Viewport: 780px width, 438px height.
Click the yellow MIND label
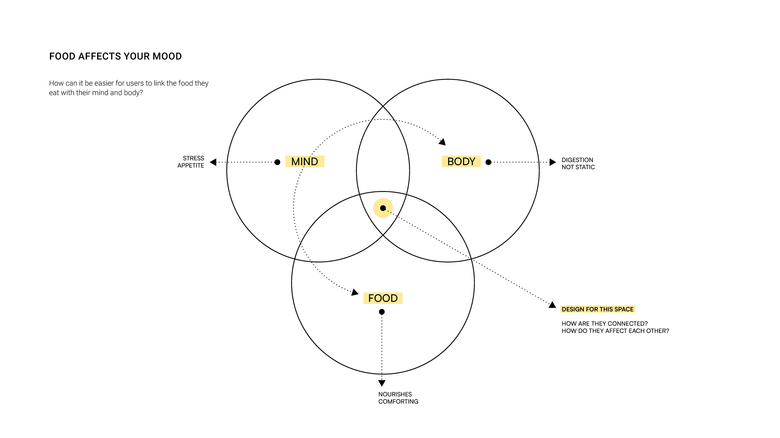pyautogui.click(x=305, y=161)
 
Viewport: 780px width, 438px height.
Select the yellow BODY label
pyautogui.click(x=461, y=161)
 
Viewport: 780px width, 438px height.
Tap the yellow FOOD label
pyautogui.click(x=383, y=298)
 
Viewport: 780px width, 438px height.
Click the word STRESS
pyautogui.click(x=193, y=158)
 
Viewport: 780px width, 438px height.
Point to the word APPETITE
pyautogui.click(x=191, y=165)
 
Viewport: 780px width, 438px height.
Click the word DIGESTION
pyautogui.click(x=577, y=160)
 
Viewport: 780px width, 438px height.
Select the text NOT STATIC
pyautogui.click(x=578, y=167)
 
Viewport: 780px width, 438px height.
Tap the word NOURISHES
pyautogui.click(x=395, y=394)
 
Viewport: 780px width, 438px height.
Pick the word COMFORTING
pyautogui.click(x=398, y=402)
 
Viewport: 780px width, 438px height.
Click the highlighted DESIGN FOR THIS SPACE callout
pyautogui.click(x=597, y=309)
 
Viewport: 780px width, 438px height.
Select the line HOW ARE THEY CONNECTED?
pyautogui.click(x=605, y=323)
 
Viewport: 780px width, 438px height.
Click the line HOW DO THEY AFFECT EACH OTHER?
pyautogui.click(x=615, y=331)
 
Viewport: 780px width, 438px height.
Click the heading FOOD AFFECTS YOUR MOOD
pyautogui.click(x=115, y=56)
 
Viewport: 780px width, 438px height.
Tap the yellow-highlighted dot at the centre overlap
pyautogui.click(x=383, y=208)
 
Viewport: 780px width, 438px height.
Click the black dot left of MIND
pyautogui.click(x=277, y=162)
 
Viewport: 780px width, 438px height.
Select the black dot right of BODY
pyautogui.click(x=488, y=162)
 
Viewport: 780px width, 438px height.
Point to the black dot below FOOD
pyautogui.click(x=382, y=312)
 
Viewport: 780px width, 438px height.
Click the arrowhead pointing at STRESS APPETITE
pyautogui.click(x=213, y=162)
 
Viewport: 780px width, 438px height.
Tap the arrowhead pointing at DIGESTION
pyautogui.click(x=552, y=162)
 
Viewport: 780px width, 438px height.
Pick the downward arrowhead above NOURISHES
pyautogui.click(x=382, y=383)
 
